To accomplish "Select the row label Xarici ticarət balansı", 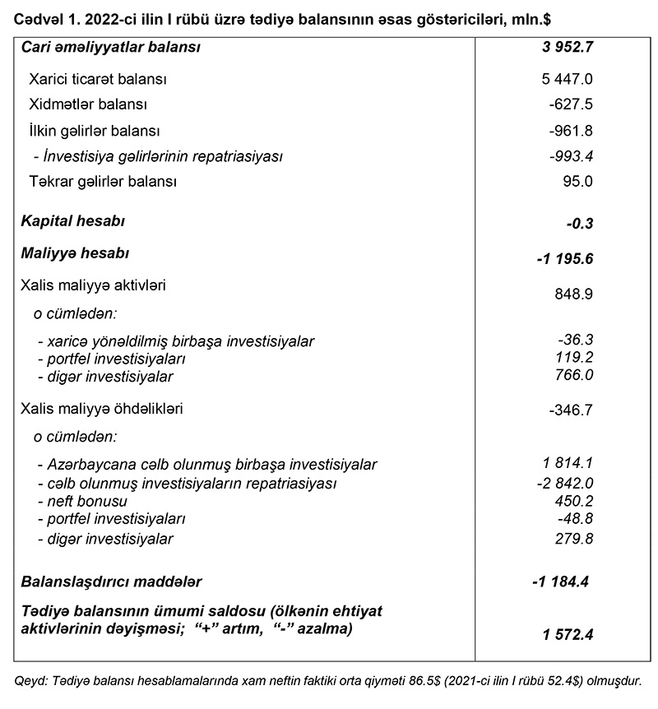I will pyautogui.click(x=98, y=80).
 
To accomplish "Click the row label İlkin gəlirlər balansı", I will pyautogui.click(x=94, y=131).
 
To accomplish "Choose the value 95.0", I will pyautogui.click(x=576, y=181).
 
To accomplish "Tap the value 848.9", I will pyautogui.click(x=573, y=294).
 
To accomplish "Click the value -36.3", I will pyautogui.click(x=576, y=339).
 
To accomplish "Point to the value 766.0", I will pyautogui.click(x=573, y=375).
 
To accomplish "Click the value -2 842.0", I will pyautogui.click(x=563, y=483).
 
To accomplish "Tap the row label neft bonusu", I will pyautogui.click(x=83, y=501).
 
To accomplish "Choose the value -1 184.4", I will pyautogui.click(x=561, y=582).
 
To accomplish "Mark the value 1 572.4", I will pyautogui.click(x=568, y=634).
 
